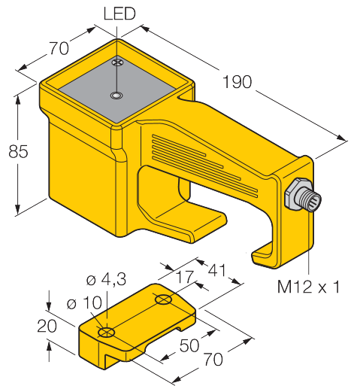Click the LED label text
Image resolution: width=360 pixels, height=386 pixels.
119,14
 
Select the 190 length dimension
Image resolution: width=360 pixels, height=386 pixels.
237,82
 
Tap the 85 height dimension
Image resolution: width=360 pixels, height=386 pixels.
18,151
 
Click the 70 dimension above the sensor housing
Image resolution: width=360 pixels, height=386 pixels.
59,48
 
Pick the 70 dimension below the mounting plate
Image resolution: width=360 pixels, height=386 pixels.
213,359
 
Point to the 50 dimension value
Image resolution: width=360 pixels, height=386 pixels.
189,345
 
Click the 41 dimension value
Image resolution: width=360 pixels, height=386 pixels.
216,270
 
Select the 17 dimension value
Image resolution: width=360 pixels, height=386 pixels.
186,277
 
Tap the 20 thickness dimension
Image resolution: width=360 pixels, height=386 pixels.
47,327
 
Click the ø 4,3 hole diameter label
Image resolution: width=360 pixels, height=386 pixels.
106,280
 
